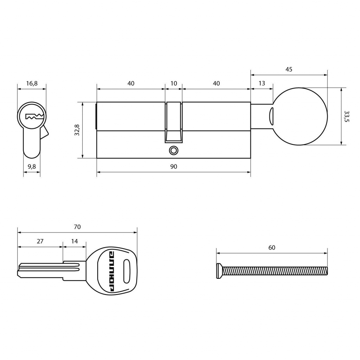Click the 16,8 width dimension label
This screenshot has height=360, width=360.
32,83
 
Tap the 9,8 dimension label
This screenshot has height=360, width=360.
32,166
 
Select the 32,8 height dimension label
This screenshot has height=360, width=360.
77,130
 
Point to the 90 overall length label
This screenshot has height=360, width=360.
174,166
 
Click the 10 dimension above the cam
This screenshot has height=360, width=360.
174,83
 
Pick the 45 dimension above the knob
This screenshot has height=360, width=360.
289,69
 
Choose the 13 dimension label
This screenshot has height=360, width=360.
262,83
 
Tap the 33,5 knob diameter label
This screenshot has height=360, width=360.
347,116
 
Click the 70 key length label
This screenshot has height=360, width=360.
77,227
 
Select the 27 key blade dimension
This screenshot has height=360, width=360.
40,241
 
